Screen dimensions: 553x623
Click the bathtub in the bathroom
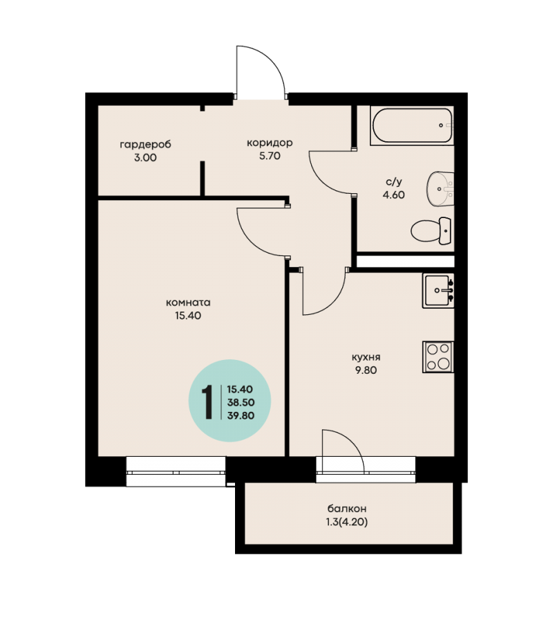(412, 125)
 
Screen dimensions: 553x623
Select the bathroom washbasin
(440, 189)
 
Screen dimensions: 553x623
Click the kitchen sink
(438, 291)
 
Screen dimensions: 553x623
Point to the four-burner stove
(438, 356)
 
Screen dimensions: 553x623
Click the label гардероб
(145, 144)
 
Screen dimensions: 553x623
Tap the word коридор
(270, 143)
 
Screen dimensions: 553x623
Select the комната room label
(188, 303)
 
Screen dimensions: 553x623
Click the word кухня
(366, 357)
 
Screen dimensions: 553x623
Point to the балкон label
(347, 509)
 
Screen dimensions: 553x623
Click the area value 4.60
(393, 195)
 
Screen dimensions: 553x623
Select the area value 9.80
(366, 370)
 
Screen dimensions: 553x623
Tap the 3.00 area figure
(145, 158)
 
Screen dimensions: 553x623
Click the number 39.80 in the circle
(241, 415)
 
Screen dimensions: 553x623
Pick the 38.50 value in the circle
(241, 402)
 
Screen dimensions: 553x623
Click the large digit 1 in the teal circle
(207, 402)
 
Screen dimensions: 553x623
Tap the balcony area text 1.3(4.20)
(347, 522)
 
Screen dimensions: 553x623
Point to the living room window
(176, 471)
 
